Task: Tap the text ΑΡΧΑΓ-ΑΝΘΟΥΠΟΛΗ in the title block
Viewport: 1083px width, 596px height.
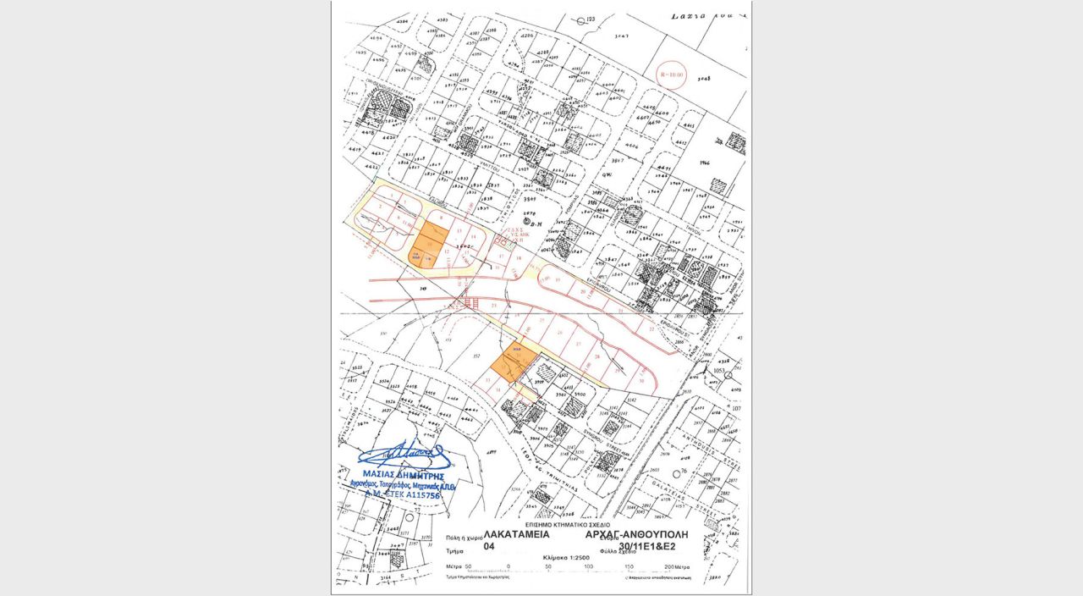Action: click(636, 535)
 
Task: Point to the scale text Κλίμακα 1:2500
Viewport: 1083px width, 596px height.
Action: click(565, 558)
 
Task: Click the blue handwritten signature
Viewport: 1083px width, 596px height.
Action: click(406, 455)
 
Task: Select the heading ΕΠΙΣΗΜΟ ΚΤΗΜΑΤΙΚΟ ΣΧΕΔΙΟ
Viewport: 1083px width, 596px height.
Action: click(563, 525)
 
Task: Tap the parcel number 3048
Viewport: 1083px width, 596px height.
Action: click(701, 78)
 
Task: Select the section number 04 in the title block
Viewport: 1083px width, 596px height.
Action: click(488, 548)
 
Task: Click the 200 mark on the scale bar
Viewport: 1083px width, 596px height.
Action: click(673, 566)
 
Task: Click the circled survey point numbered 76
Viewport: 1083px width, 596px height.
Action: click(682, 471)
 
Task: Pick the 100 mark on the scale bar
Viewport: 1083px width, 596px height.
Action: click(589, 566)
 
